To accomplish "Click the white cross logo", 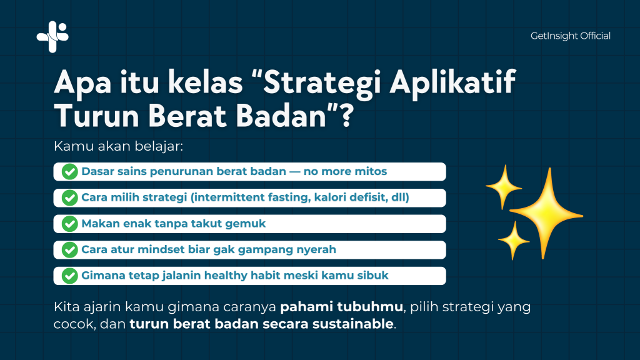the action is pos(52,37).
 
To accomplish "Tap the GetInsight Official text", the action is pos(570,36).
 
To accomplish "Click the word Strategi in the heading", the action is pos(322,83).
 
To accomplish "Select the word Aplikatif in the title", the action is pos(452,83).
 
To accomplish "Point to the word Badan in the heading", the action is pos(281,116).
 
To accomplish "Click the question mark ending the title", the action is pos(346,116).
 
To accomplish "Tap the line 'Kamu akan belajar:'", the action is pos(118,146).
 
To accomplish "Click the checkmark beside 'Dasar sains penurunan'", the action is pos(70,172).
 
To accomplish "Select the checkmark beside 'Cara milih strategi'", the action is pos(70,198).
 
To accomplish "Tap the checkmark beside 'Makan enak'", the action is pos(70,224).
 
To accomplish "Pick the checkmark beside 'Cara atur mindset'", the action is pos(70,250).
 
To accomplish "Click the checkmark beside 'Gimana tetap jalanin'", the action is pos(70,276).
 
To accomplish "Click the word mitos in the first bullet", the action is pos(371,171).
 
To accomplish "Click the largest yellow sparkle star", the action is pos(546,214).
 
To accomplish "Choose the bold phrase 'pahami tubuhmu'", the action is pos(341,307).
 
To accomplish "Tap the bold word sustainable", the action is pos(352,324).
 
